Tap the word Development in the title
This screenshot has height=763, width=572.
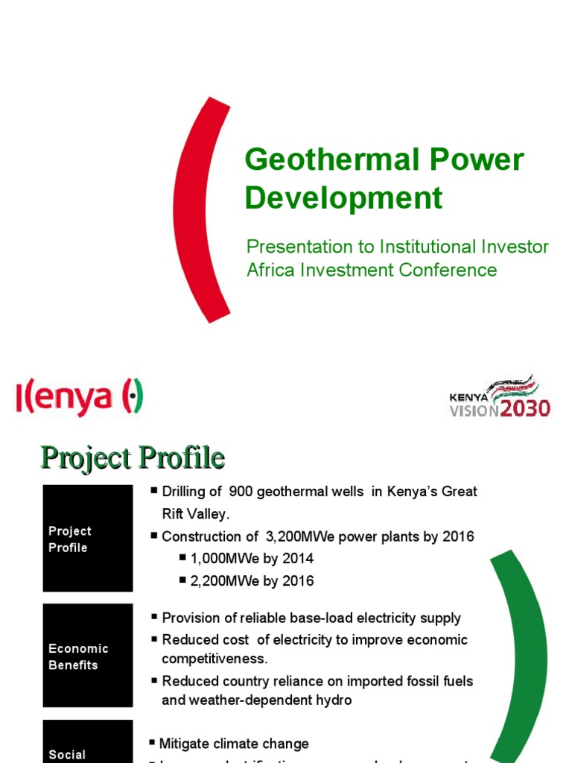(343, 198)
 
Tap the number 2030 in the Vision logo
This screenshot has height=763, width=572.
(525, 408)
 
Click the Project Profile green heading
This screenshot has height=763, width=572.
(132, 457)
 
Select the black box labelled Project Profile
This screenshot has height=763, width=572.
(87, 538)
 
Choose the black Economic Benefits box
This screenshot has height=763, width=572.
(87, 656)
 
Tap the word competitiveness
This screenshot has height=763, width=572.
(214, 659)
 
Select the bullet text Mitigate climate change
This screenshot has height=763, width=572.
(234, 744)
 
